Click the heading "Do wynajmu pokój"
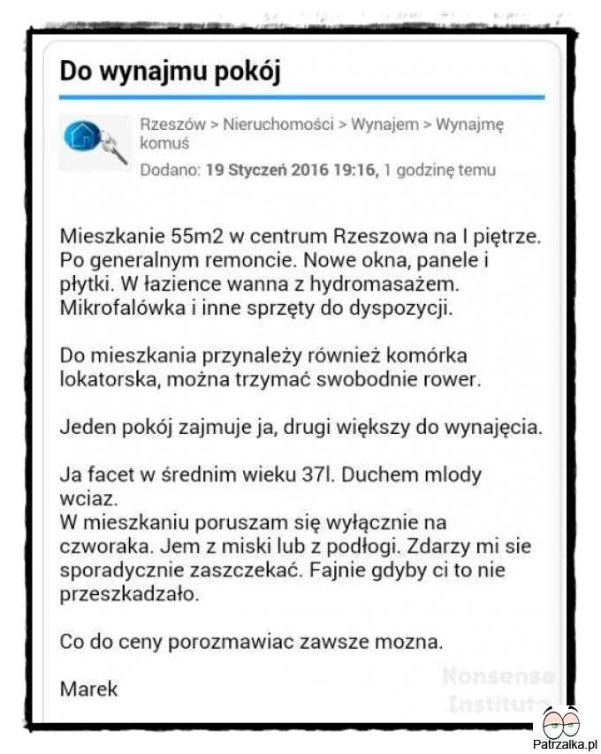click(x=170, y=72)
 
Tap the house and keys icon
click(x=94, y=141)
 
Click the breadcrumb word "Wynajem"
click(x=384, y=125)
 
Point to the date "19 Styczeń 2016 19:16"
click(x=291, y=170)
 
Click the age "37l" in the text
click(x=315, y=474)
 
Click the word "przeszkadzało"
click(x=129, y=594)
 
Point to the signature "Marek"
click(x=88, y=688)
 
